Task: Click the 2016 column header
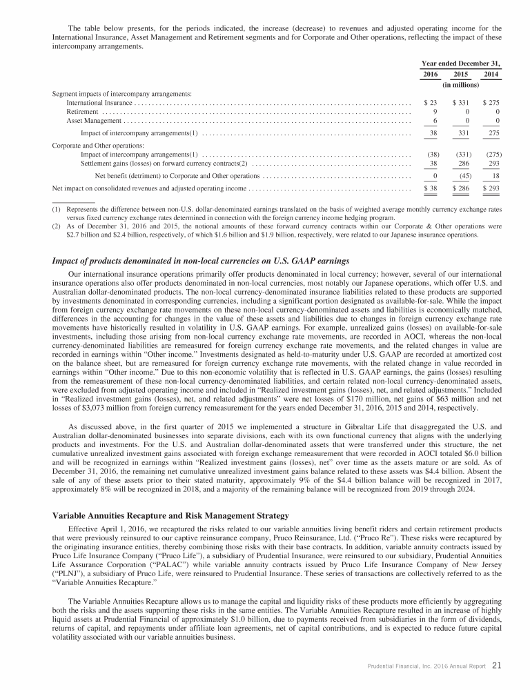click(429, 74)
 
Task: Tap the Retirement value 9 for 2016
click(433, 111)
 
